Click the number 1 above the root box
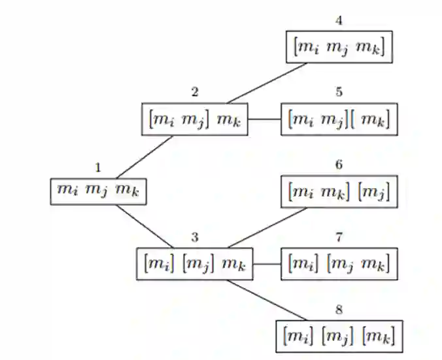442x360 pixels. point(98,168)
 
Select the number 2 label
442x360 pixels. point(195,92)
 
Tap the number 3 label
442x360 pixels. point(195,237)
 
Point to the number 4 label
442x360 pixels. point(339,20)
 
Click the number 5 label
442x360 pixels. point(339,92)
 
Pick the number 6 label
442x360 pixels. point(339,165)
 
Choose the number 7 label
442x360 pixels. point(339,237)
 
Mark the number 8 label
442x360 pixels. point(339,309)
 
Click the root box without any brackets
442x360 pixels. point(98,190)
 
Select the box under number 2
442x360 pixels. point(195,120)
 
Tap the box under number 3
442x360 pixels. point(195,264)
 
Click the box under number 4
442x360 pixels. point(339,47)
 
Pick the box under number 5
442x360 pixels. point(339,120)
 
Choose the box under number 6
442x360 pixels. point(339,192)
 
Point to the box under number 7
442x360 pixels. point(339,264)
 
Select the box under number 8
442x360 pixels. point(339,336)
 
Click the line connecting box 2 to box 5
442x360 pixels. point(264,120)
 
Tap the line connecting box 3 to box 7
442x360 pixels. point(267,264)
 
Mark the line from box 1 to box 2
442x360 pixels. point(145,157)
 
